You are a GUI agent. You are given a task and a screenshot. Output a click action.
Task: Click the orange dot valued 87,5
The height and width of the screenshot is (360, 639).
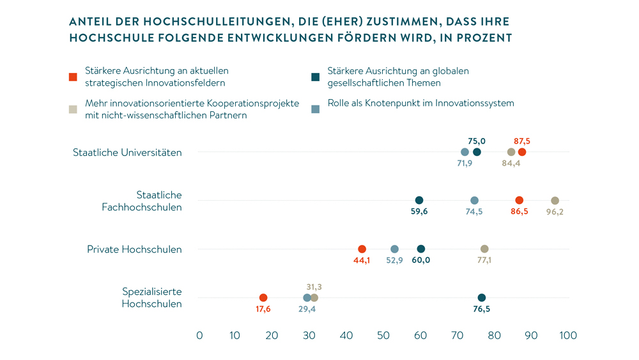(522, 152)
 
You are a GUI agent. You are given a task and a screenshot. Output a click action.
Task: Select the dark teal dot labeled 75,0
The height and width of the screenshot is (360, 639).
(477, 152)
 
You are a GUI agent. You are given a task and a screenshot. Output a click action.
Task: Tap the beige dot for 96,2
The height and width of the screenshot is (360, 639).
(555, 201)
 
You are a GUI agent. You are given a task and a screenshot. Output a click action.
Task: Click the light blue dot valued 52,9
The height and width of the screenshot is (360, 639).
(394, 249)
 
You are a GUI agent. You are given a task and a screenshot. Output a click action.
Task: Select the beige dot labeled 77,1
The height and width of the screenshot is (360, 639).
(484, 249)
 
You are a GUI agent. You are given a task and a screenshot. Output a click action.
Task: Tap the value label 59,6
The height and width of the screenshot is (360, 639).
(419, 212)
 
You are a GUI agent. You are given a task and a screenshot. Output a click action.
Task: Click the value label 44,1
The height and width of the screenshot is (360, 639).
(361, 260)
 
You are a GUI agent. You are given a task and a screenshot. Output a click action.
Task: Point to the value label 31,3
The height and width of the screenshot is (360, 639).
(313, 286)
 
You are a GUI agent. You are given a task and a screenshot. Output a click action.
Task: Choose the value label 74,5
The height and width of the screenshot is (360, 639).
(475, 212)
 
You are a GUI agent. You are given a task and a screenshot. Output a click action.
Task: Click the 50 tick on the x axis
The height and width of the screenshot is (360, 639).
(383, 335)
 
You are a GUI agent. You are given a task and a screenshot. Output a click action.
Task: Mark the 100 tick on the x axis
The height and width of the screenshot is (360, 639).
(567, 335)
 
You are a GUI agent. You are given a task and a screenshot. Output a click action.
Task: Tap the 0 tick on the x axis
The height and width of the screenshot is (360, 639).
(199, 335)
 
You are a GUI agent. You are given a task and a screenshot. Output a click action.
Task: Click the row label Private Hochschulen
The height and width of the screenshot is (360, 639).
(134, 249)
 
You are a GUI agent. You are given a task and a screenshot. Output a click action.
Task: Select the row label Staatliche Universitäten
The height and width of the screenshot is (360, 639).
(127, 153)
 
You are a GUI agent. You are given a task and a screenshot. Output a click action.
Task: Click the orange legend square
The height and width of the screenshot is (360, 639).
(73, 77)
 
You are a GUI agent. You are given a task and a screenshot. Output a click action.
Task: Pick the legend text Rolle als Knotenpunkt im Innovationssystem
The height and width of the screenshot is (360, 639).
(420, 103)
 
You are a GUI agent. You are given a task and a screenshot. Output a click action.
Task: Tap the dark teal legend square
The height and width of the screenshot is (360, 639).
(315, 77)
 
